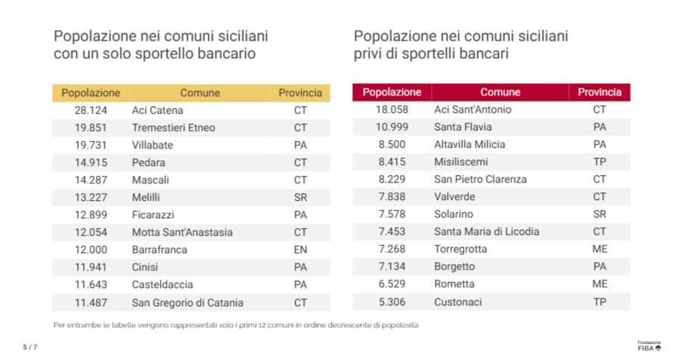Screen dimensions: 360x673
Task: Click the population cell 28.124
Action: click(x=90, y=111)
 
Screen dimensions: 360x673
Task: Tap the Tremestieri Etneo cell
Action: click(x=174, y=128)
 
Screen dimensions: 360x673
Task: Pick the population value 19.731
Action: click(x=90, y=146)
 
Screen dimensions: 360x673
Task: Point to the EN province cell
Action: click(x=300, y=250)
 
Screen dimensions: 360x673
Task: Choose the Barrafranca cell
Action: click(x=159, y=250)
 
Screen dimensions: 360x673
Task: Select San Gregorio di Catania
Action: click(x=187, y=302)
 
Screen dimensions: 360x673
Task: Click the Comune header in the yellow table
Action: click(x=200, y=93)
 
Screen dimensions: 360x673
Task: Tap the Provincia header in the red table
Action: click(x=599, y=92)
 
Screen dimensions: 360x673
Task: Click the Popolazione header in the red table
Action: click(x=392, y=92)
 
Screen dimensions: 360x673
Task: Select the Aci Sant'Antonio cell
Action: click(x=472, y=110)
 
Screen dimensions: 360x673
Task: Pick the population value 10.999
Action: click(x=392, y=127)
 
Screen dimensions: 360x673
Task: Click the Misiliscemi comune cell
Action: click(x=461, y=162)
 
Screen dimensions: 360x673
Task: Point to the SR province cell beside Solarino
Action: click(x=599, y=214)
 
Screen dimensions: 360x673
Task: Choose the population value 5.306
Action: click(x=392, y=302)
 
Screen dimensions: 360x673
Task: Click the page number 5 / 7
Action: click(x=30, y=347)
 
